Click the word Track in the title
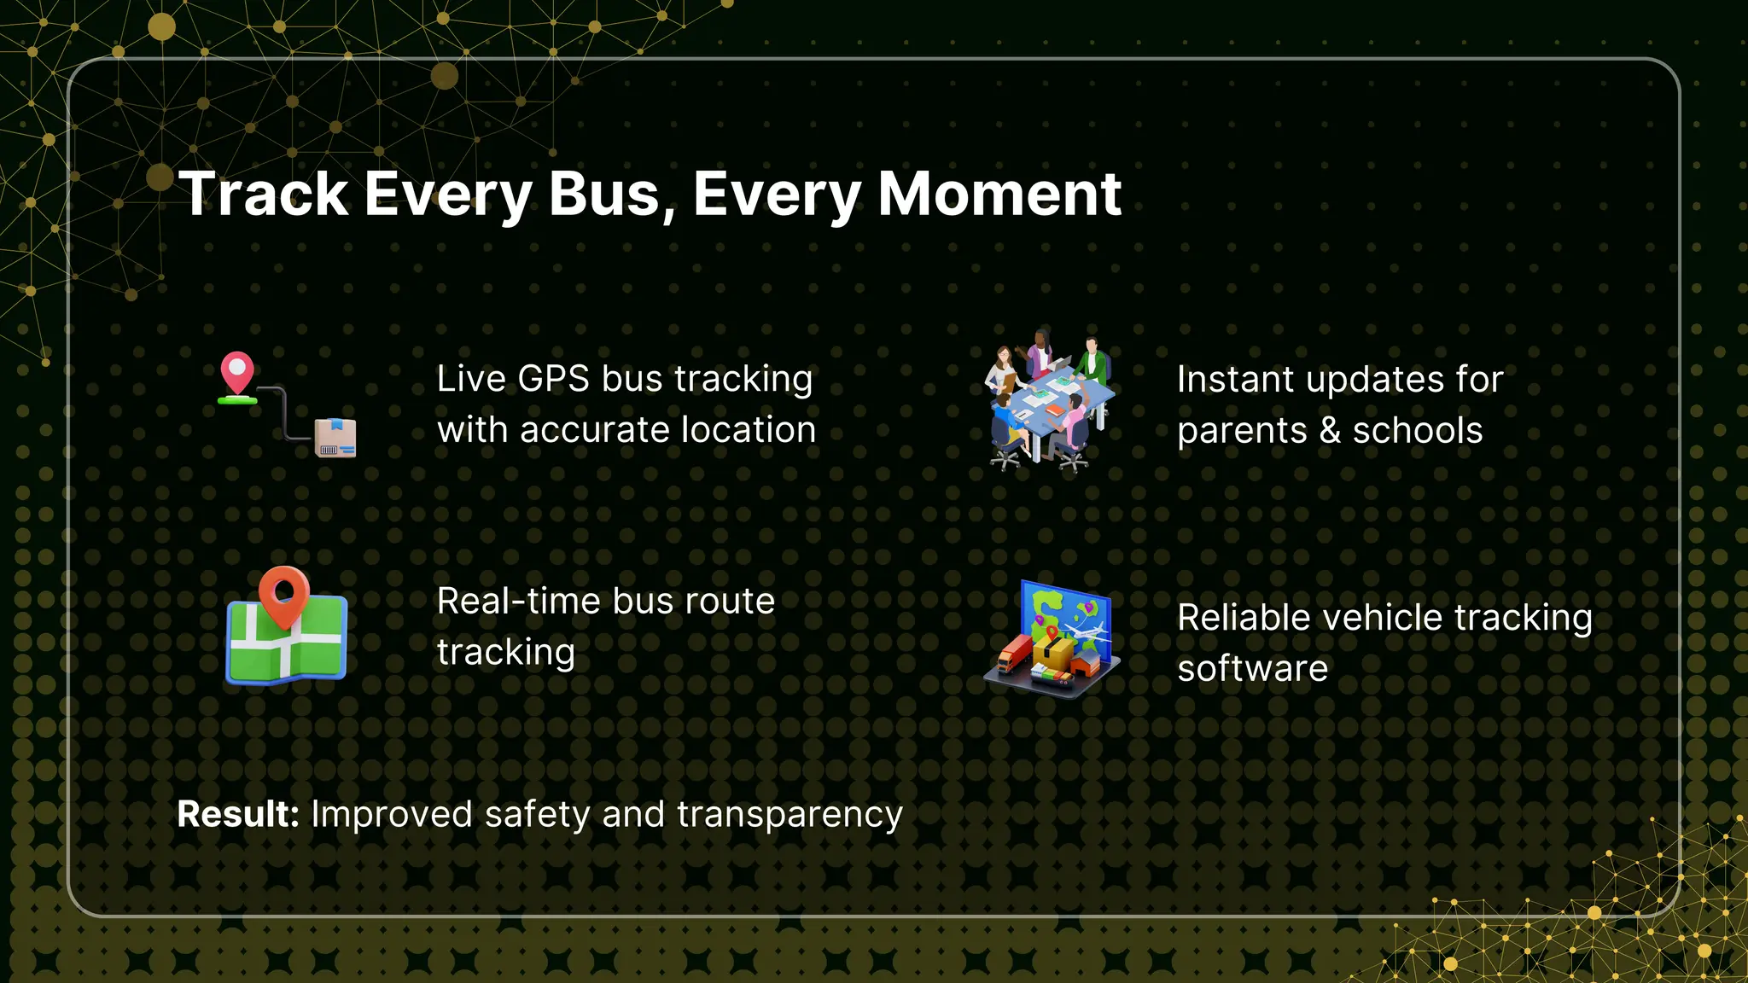point(264,195)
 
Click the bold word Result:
point(237,814)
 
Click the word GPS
point(553,379)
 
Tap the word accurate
point(589,430)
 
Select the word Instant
point(1235,380)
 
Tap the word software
point(1252,669)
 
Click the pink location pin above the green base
point(236,371)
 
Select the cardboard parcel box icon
point(335,438)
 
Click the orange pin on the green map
point(283,592)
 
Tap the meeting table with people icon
point(1050,401)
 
